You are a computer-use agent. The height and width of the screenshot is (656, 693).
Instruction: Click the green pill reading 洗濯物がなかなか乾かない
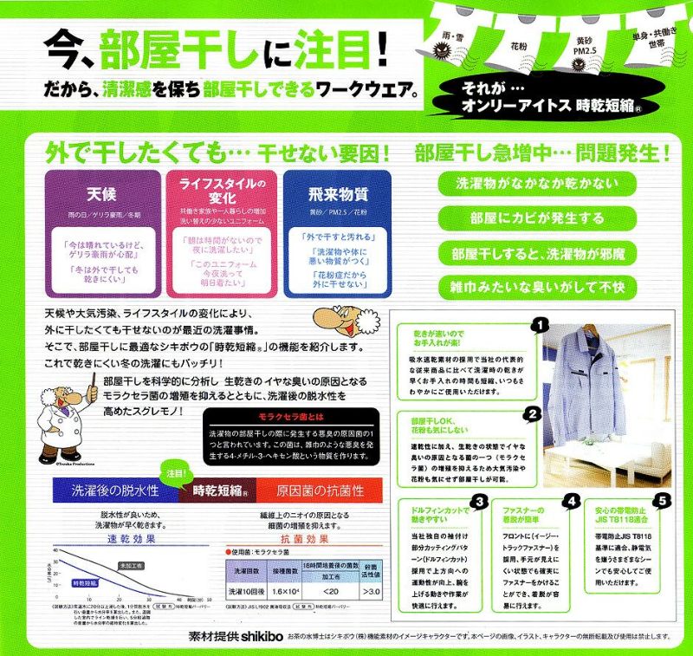point(534,184)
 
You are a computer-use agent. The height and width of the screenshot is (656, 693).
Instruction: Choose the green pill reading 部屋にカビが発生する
point(534,218)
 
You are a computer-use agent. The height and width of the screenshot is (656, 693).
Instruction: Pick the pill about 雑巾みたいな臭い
point(534,286)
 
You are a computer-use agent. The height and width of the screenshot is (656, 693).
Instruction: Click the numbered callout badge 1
point(540,325)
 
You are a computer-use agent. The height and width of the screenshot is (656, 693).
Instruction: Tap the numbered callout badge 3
point(477,502)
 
